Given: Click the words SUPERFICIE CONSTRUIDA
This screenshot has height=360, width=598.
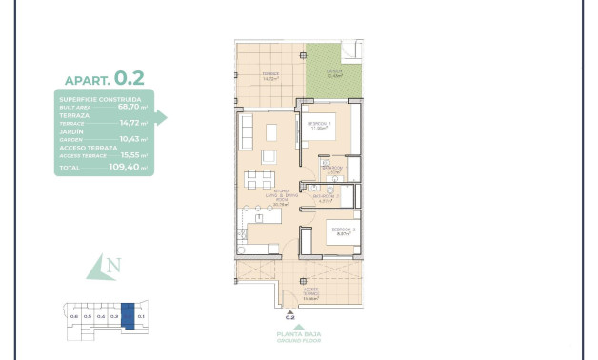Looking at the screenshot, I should coord(100,99).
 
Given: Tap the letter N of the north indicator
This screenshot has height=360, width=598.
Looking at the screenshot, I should coord(112,266).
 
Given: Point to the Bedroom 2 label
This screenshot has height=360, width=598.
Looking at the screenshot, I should coord(343,230).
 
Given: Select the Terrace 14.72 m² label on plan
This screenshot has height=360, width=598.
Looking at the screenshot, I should coord(270,76).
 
